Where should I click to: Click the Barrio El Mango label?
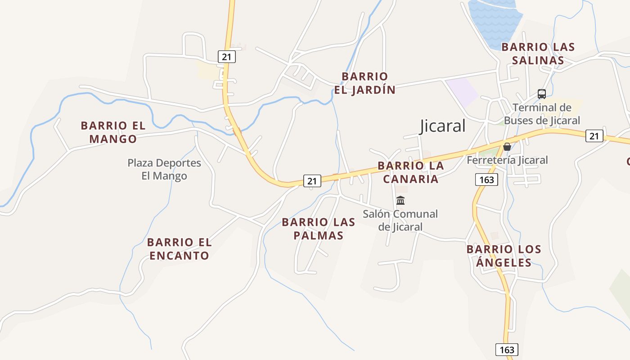pyautogui.click(x=113, y=132)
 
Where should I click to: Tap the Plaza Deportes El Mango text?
pyautogui.click(x=164, y=169)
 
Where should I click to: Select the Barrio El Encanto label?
pyautogui.click(x=179, y=249)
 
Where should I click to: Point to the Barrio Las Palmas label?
pyautogui.click(x=319, y=229)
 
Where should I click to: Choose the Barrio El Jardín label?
pyautogui.click(x=364, y=83)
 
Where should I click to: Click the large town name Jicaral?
pyautogui.click(x=442, y=126)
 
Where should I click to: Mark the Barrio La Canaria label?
pyautogui.click(x=410, y=172)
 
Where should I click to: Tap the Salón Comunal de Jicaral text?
pyautogui.click(x=400, y=220)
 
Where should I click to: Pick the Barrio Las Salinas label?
pyautogui.click(x=538, y=54)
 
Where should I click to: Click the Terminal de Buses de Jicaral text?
pyautogui.click(x=542, y=114)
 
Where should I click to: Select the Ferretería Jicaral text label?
pyautogui.click(x=507, y=160)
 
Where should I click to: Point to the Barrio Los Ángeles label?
pyautogui.click(x=504, y=256)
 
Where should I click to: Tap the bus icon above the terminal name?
pyautogui.click(x=542, y=94)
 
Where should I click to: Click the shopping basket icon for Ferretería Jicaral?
pyautogui.click(x=507, y=147)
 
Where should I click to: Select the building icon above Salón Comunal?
pyautogui.click(x=400, y=200)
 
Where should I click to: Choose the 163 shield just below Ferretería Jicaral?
pyautogui.click(x=486, y=180)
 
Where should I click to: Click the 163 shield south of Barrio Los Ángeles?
pyautogui.click(x=507, y=350)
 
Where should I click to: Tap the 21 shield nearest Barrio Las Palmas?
pyautogui.click(x=312, y=181)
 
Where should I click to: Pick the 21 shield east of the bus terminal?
pyautogui.click(x=594, y=135)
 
